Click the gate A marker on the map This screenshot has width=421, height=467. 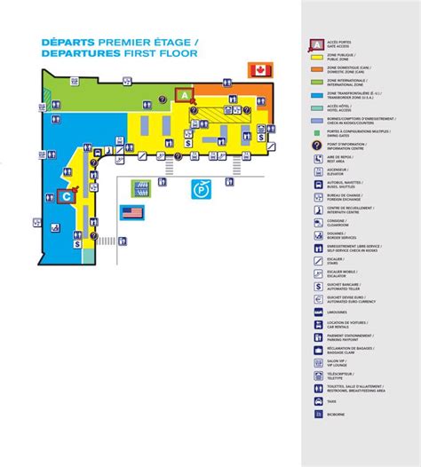(184, 93)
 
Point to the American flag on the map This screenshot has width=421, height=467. (132, 212)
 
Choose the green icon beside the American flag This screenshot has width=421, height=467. (140, 188)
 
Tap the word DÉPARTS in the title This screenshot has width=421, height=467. (68, 42)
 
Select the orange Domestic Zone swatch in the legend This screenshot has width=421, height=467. (317, 67)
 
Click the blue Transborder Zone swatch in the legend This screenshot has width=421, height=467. (317, 92)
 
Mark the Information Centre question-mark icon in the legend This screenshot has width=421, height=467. (317, 144)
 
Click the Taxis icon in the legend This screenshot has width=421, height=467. (318, 401)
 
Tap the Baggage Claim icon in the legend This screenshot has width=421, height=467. (318, 350)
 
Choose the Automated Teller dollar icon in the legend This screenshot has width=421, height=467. (318, 286)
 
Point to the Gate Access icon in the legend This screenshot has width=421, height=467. (317, 42)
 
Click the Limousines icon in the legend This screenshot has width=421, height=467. (318, 312)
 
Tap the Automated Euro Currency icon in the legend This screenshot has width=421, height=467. (318, 298)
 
